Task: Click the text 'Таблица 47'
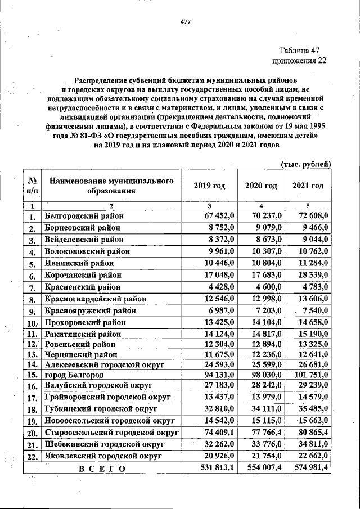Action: (302, 50)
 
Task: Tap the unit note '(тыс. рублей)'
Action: (305, 164)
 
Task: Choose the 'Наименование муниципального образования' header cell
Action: (110, 186)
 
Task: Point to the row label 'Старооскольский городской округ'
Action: (111, 432)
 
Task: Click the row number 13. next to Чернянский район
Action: (33, 354)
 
